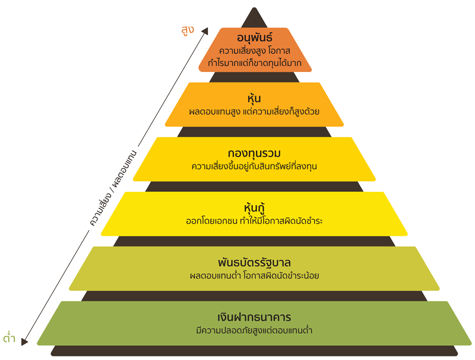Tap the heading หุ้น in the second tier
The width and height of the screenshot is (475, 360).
click(x=254, y=98)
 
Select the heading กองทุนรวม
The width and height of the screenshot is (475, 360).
click(x=254, y=153)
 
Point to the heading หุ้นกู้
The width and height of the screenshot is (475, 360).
click(x=254, y=208)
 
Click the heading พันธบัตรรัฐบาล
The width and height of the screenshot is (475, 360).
click(x=254, y=262)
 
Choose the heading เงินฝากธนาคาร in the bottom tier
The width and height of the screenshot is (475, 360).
click(x=254, y=317)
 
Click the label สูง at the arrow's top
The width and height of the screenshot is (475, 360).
click(x=188, y=29)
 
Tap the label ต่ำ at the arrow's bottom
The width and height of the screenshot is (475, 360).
click(x=9, y=339)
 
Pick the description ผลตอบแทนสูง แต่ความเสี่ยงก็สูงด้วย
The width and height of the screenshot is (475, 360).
click(x=254, y=111)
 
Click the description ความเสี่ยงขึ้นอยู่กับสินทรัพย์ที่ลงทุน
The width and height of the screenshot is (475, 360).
click(x=254, y=166)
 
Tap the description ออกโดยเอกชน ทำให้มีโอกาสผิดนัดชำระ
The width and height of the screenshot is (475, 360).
click(x=254, y=221)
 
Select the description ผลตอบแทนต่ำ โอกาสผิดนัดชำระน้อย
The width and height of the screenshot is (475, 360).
click(x=254, y=276)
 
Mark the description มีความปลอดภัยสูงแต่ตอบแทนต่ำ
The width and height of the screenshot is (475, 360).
click(x=254, y=330)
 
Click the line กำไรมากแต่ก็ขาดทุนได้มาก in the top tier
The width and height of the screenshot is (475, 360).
click(x=254, y=62)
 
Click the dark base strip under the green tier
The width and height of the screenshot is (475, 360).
click(x=254, y=351)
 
